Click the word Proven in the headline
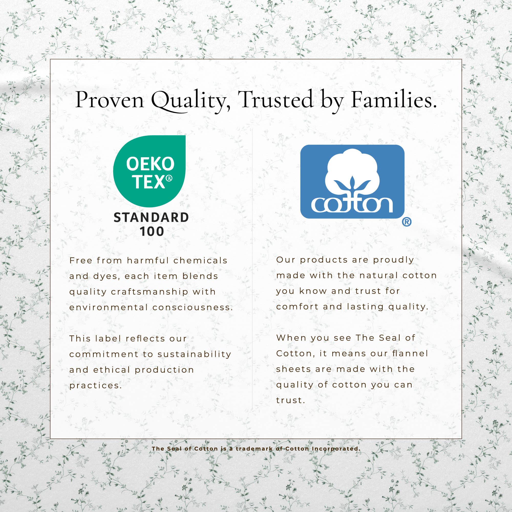point(110,100)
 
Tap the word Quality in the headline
point(190,101)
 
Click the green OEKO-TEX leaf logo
point(150,171)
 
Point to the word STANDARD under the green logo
point(151,218)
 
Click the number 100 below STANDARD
point(152,232)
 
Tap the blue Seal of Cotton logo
point(352,182)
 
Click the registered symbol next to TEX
point(169,178)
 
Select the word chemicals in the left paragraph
point(200,261)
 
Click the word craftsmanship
point(149,292)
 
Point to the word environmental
point(109,307)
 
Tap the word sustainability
point(195,355)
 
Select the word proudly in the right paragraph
point(393,260)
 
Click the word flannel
point(410,353)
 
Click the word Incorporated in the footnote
point(336,449)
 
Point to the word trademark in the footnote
point(254,449)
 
